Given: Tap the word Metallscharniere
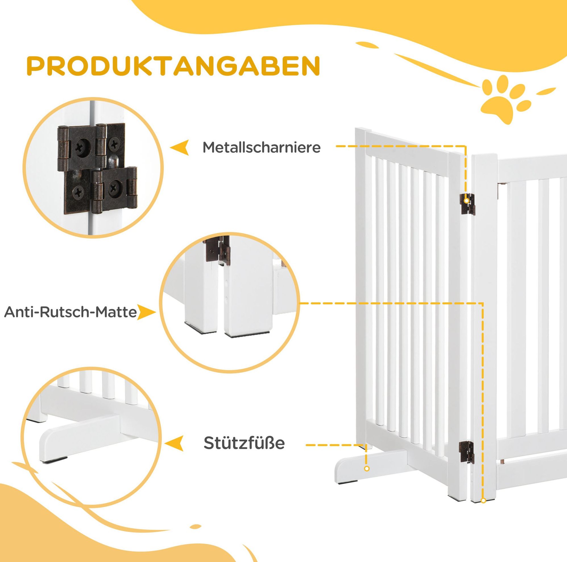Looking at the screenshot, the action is coord(262,147).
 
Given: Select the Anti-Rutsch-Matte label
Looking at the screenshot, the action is coord(71,312).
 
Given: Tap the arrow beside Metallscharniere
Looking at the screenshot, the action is coord(180,147).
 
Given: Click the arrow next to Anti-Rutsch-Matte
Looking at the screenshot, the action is coord(147,312).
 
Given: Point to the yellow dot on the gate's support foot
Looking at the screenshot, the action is coord(367,477).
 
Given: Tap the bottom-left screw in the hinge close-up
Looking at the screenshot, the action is coord(79,193).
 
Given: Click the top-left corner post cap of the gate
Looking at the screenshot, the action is coord(363,130).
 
